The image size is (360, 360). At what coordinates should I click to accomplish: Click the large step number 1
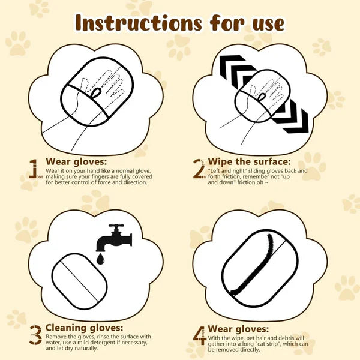pos(34,169)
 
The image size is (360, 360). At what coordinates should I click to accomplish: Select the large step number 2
pos(200,170)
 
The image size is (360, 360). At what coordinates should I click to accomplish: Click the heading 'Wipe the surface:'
pos(248,162)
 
